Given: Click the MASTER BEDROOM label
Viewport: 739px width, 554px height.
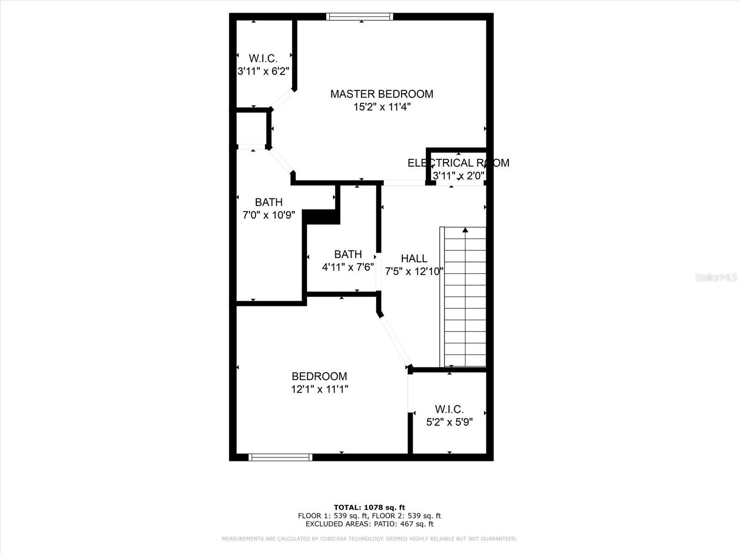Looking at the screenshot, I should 382,94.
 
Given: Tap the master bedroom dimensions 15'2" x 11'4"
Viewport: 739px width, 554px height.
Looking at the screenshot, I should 382,107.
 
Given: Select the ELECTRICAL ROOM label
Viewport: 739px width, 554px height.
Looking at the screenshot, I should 458,163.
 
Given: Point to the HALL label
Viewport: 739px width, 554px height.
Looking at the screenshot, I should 414,259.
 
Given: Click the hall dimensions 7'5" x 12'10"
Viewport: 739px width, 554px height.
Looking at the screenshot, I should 414,271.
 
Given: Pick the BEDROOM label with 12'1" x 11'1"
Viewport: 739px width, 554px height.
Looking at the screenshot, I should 319,376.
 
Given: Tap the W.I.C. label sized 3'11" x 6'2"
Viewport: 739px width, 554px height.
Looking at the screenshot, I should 263,59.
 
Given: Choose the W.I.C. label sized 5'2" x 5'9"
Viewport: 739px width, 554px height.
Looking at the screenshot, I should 449,409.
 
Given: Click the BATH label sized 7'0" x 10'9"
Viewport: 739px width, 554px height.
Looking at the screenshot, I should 269,202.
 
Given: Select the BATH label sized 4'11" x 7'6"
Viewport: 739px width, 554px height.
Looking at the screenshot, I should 348,254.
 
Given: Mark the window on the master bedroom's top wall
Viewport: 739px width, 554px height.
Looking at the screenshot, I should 360,17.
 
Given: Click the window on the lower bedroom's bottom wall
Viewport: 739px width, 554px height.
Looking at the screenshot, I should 280,457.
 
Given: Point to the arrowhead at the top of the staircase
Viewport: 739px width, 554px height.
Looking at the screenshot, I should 465,229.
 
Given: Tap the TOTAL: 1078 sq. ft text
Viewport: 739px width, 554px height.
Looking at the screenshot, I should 369,507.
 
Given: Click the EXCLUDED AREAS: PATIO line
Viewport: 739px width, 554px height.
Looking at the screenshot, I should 369,524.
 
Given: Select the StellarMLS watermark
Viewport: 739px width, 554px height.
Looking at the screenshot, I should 716,277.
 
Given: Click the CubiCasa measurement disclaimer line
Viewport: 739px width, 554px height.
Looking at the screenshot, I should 369,539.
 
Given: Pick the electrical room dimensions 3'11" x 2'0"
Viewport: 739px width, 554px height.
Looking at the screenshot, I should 458,176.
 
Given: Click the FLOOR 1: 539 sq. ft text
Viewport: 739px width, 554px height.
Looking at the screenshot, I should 333,516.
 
